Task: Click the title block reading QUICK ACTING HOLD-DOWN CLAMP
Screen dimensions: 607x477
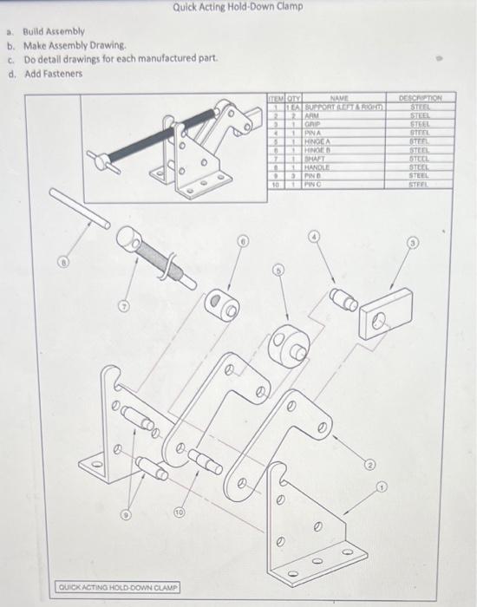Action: tap(118, 587)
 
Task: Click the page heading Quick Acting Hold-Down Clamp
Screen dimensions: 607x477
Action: tap(238, 7)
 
